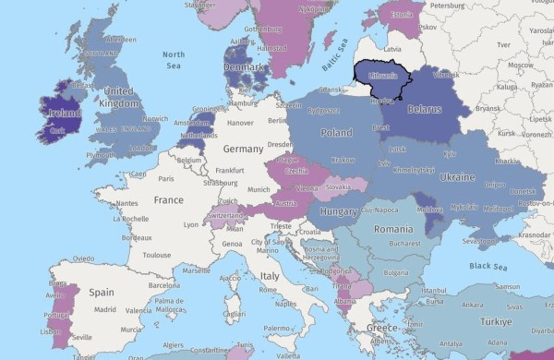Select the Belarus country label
[x=424, y=108]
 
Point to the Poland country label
[x=336, y=132]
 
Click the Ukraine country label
[x=458, y=175]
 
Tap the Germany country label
[x=243, y=149]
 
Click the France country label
[x=168, y=199]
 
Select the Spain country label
[x=102, y=292]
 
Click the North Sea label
[x=173, y=60]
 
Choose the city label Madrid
[x=104, y=309]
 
